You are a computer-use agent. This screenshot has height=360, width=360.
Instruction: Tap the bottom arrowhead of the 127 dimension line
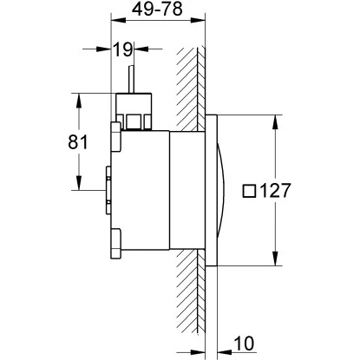pyautogui.click(x=277, y=260)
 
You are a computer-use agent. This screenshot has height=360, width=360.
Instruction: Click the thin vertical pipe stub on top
pyautogui.click(x=131, y=78)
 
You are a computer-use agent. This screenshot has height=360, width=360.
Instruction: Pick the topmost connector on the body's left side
pyautogui.click(x=115, y=137)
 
